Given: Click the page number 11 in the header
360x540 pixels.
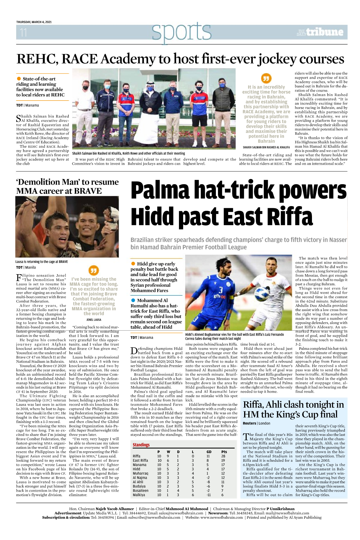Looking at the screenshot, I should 23,32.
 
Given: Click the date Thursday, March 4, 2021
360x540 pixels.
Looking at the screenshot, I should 34,22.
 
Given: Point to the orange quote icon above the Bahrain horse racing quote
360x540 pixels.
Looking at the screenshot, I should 266,78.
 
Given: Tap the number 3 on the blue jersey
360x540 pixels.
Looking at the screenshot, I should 220,290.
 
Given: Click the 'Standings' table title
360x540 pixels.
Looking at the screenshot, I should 141,445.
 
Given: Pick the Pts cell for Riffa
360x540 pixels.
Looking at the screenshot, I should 223,456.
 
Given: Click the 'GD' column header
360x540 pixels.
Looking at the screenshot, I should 209,452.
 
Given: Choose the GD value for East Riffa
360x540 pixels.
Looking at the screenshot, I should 208,460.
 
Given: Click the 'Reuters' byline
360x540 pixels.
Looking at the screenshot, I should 250,423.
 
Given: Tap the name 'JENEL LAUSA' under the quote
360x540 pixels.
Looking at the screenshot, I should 94,320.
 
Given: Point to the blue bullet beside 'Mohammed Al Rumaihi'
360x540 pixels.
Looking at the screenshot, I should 133,300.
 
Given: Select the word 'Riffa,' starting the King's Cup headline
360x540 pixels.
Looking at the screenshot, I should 255,405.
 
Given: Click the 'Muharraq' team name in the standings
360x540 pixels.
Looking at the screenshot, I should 140,473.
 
